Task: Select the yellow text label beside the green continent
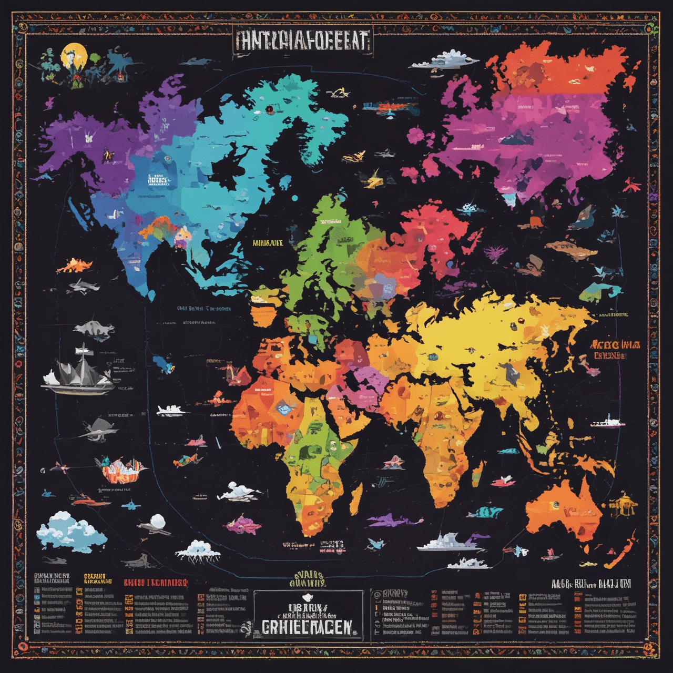[x=268, y=243]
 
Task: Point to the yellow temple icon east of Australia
[x=623, y=505]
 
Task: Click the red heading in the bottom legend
[x=156, y=583]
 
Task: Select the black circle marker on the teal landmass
[x=269, y=109]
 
